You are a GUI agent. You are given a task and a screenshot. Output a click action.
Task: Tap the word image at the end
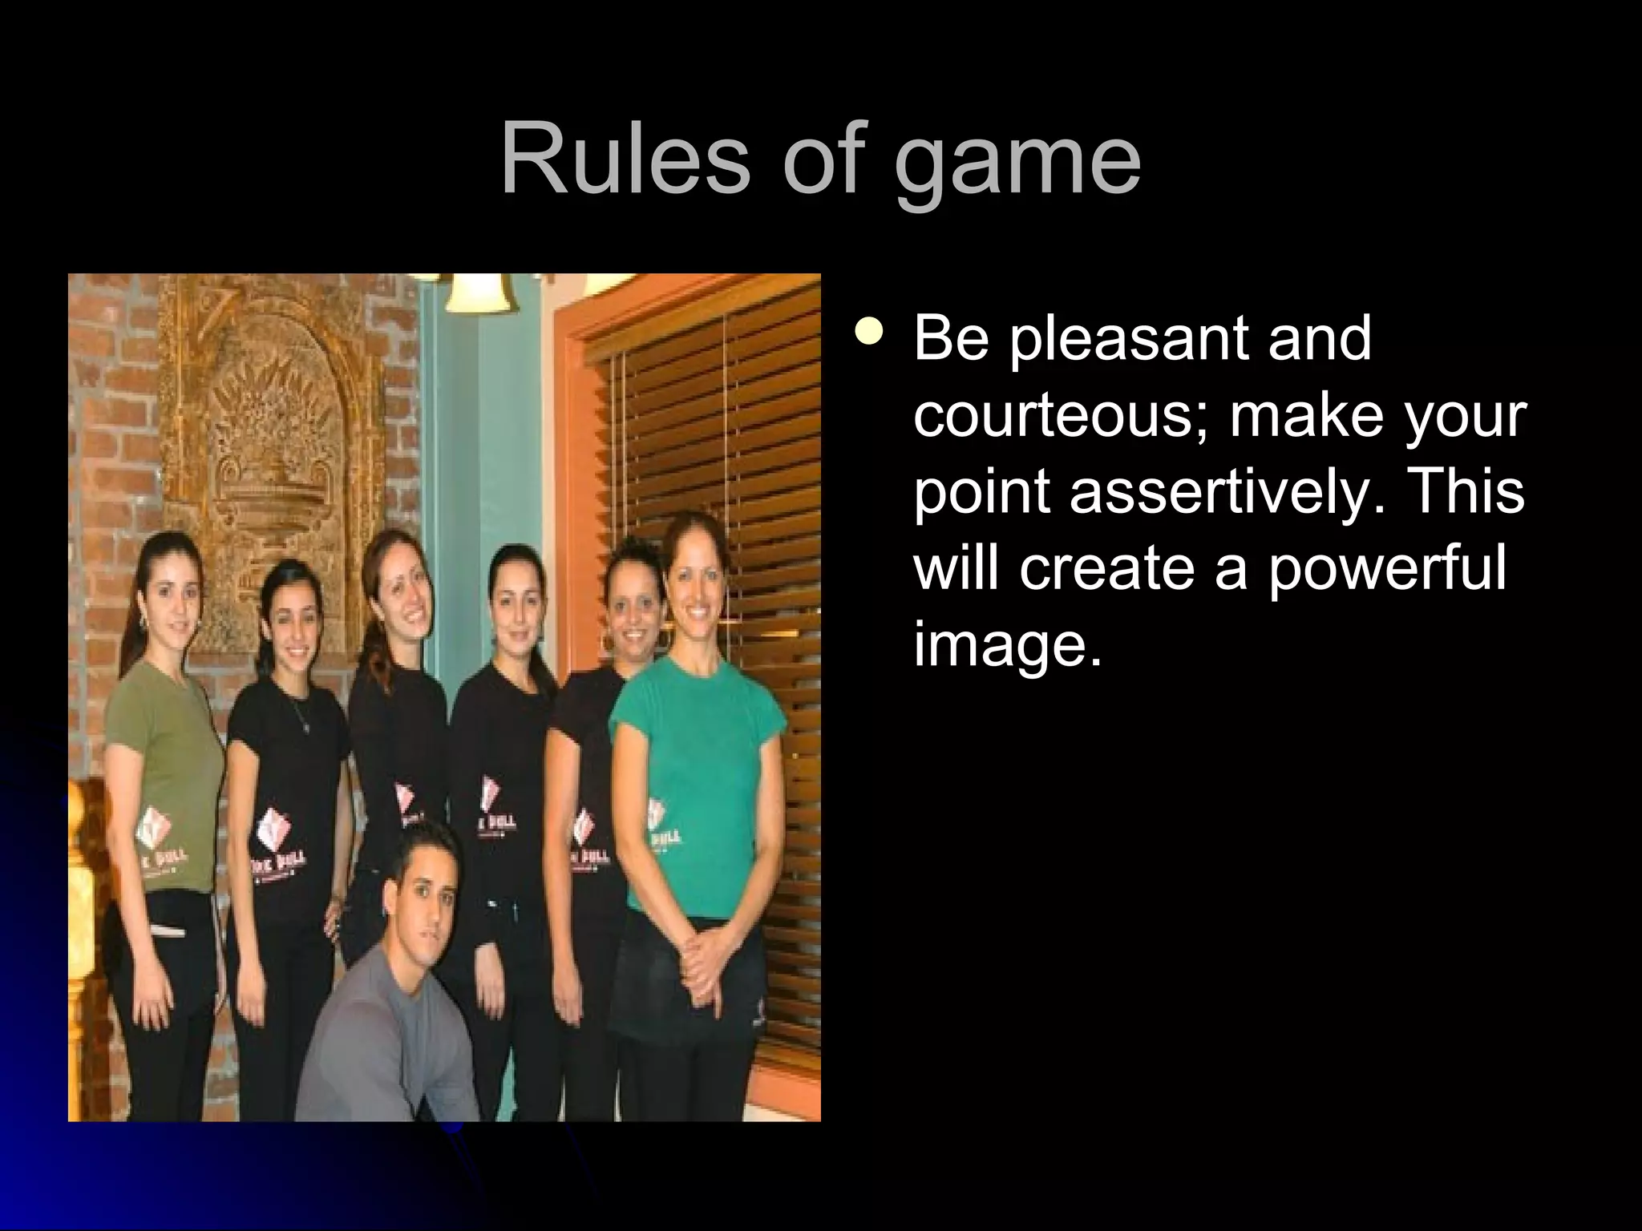(x=1007, y=648)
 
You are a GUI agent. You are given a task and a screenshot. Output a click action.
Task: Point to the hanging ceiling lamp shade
(x=479, y=293)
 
